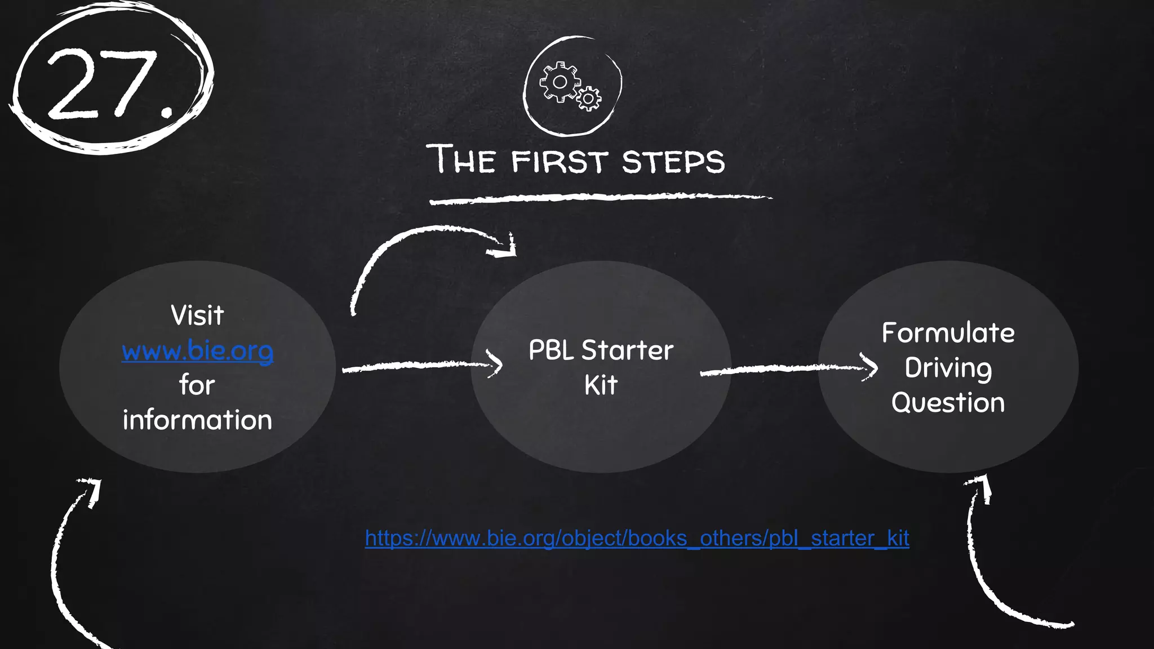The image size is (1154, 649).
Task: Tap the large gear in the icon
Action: tap(560, 82)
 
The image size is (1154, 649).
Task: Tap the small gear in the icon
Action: tap(589, 99)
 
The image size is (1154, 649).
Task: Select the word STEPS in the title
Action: tap(673, 162)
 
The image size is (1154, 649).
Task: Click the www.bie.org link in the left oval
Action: tap(197, 350)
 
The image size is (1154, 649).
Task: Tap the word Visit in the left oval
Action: tap(197, 315)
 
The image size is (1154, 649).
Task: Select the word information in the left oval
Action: tap(197, 420)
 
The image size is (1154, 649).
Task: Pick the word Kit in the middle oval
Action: tap(601, 386)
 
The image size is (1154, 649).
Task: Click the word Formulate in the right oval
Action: tap(948, 333)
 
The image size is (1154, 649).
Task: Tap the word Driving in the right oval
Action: tap(948, 368)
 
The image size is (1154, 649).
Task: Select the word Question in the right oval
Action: tap(948, 403)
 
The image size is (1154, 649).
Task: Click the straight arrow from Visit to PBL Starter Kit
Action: tap(420, 366)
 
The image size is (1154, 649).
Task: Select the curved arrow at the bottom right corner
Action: tap(980, 575)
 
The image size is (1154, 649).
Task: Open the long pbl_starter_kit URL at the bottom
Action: tap(637, 539)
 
